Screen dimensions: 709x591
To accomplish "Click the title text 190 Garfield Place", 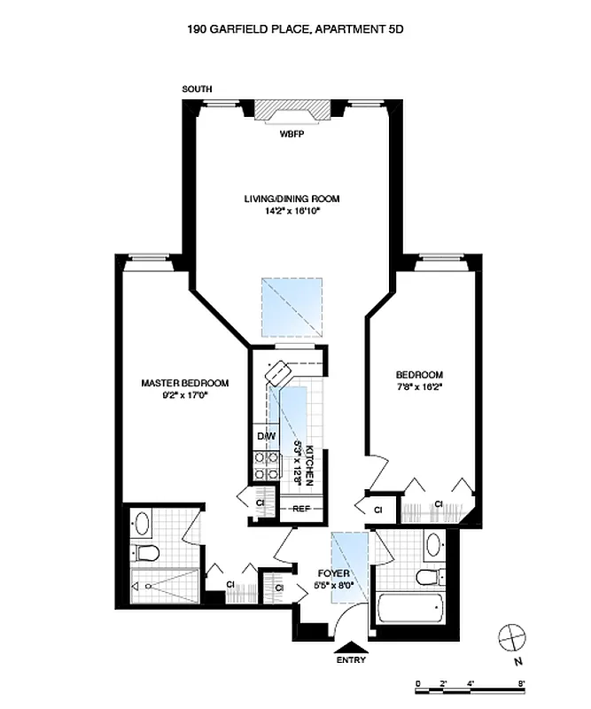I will coord(295,29).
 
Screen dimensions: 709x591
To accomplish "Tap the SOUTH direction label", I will coord(196,90).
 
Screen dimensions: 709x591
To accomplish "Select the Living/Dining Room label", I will coord(292,199).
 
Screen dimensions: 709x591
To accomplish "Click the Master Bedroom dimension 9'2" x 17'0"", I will coord(184,397).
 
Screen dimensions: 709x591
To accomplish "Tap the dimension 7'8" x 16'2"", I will coord(421,387).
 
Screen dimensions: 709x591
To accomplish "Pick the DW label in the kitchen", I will coord(266,437).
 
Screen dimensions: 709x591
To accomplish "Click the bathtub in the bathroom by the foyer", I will coord(409,609).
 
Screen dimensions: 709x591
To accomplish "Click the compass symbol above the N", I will coord(511,636).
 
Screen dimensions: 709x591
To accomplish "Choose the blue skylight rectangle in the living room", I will coord(292,308).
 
